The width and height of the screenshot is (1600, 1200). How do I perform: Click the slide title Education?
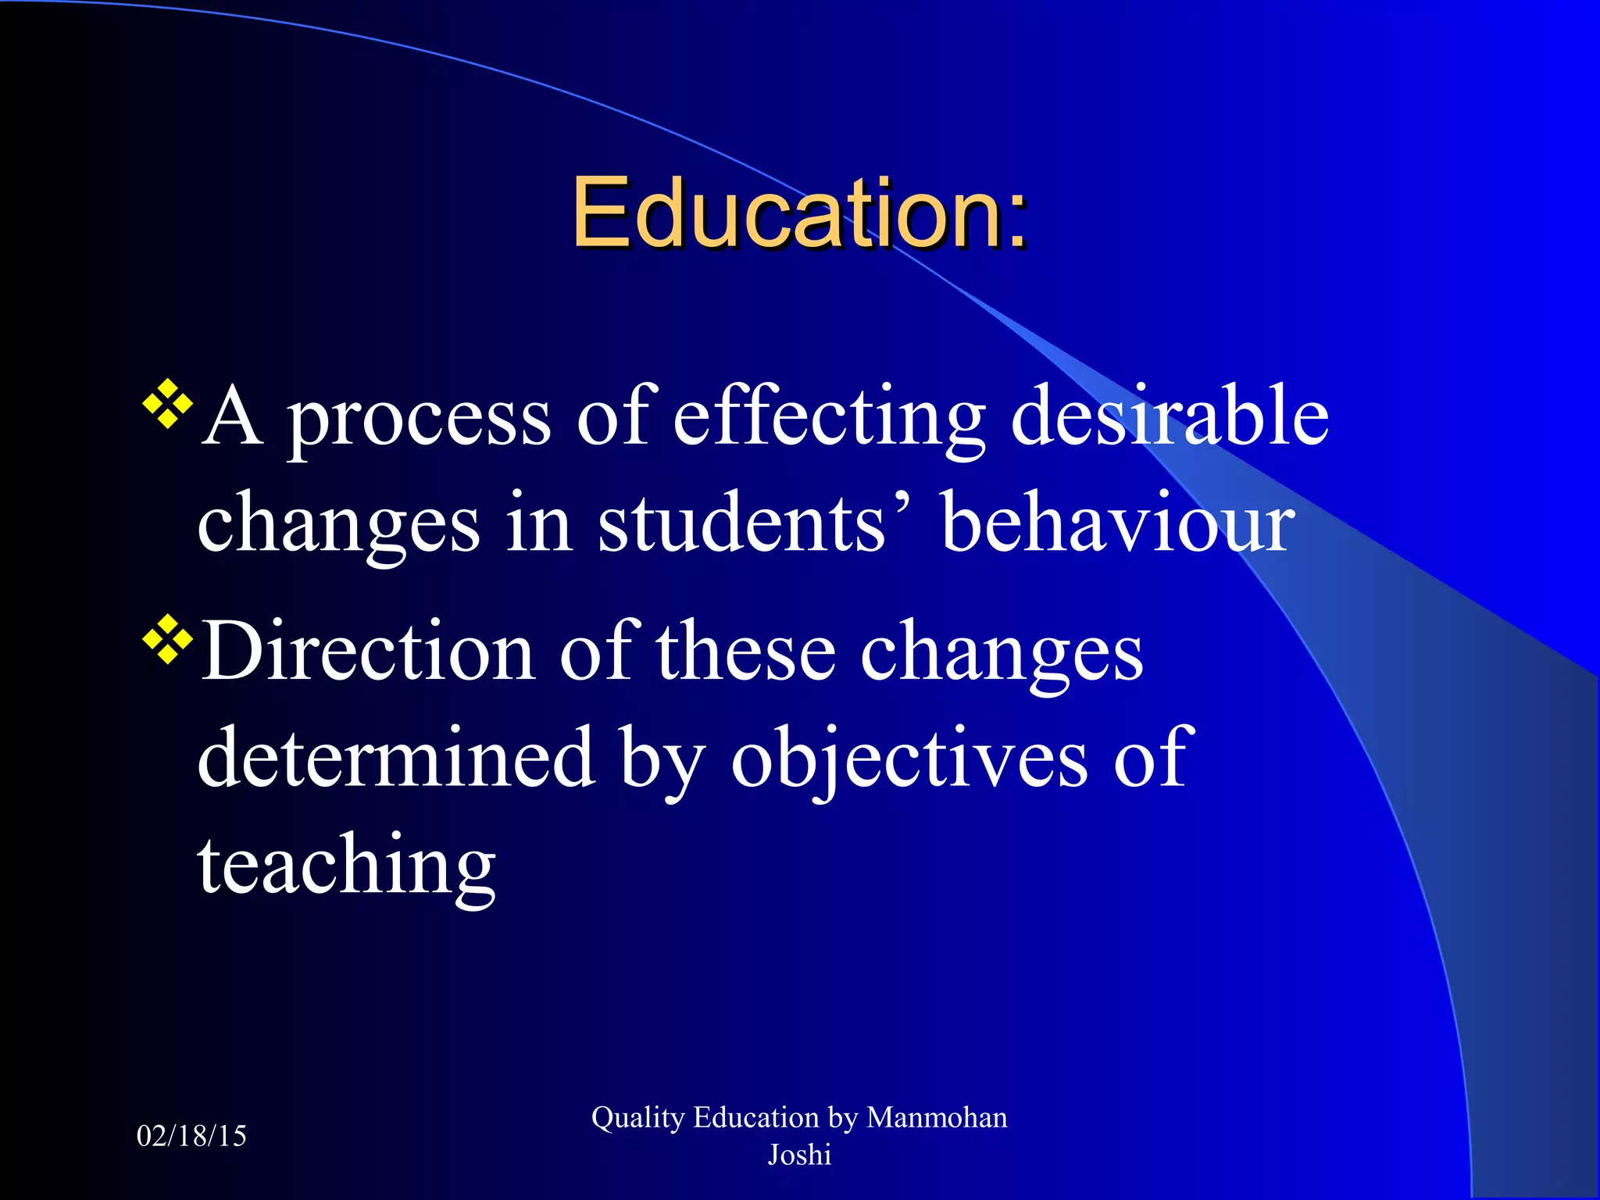(x=798, y=212)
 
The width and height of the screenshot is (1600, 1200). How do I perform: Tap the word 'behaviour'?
(x=1118, y=523)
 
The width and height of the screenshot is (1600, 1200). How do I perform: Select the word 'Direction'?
(x=367, y=652)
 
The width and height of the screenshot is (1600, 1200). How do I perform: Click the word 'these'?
(x=745, y=652)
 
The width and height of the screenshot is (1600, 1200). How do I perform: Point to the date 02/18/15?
(x=191, y=1136)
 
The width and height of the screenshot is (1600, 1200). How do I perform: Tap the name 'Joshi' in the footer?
(x=798, y=1155)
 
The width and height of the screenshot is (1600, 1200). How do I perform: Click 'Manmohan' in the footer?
(x=937, y=1118)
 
